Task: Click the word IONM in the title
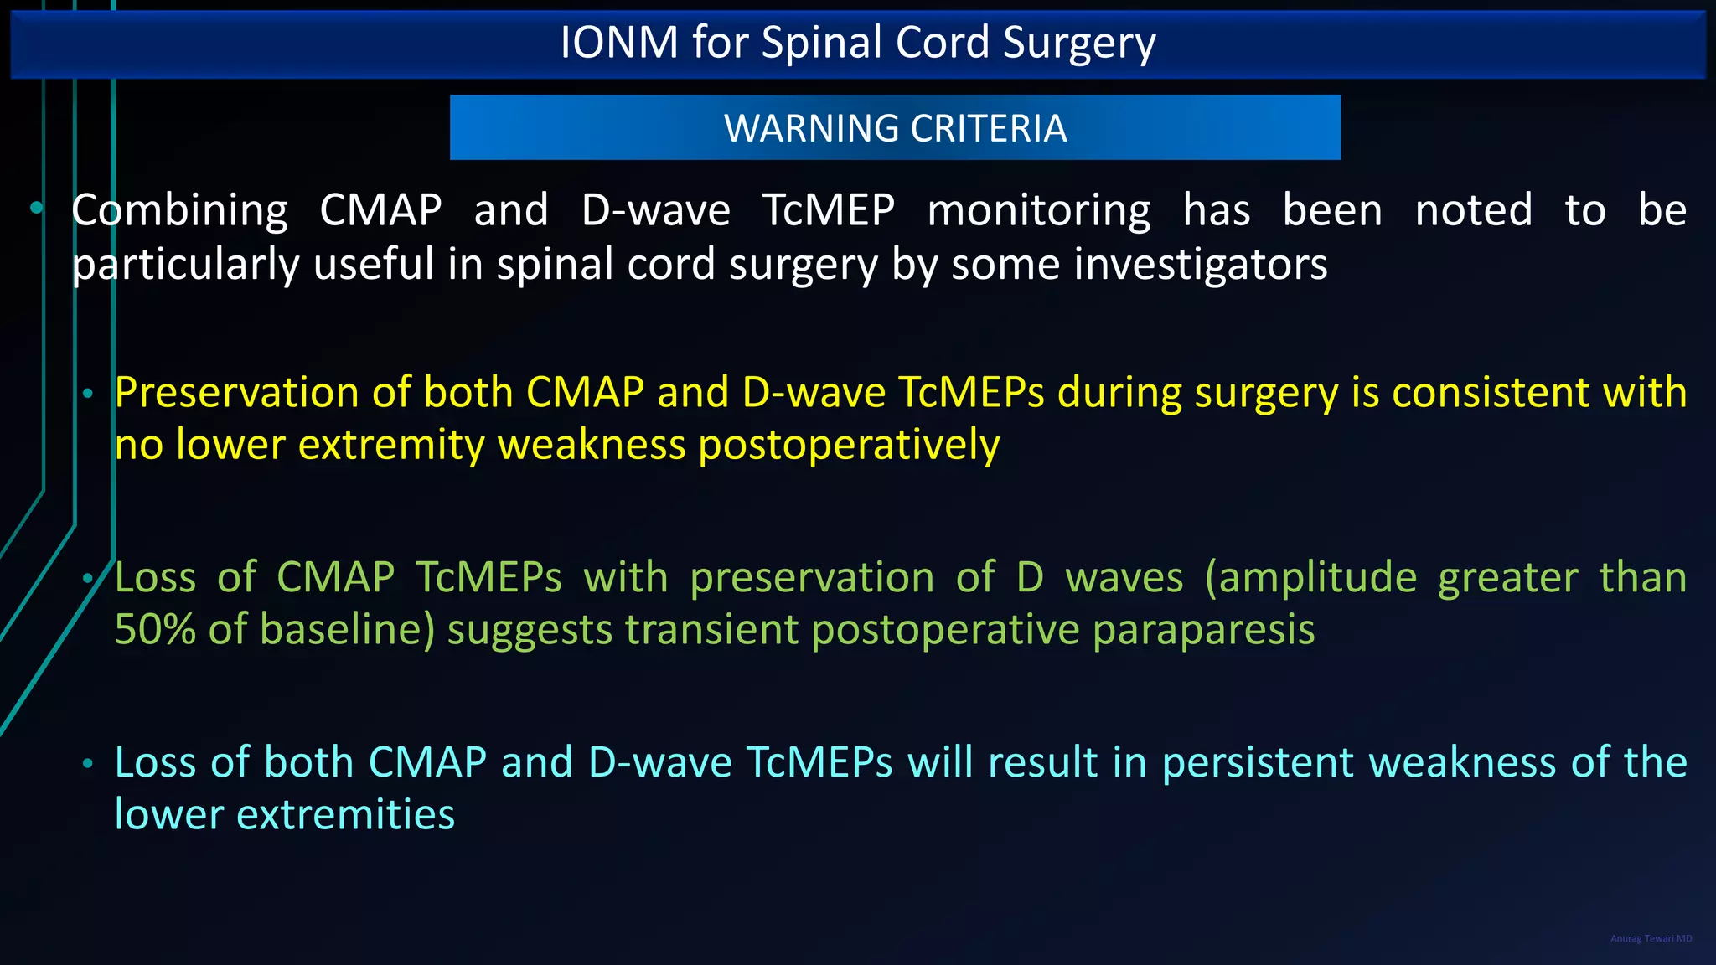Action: pos(618,42)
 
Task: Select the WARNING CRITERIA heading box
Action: pos(895,127)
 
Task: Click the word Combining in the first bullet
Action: pos(179,210)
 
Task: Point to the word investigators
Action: pos(1200,265)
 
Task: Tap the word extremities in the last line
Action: pos(345,814)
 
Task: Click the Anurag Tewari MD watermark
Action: pos(1651,938)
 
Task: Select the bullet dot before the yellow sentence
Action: pos(88,393)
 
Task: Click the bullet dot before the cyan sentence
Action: pos(88,763)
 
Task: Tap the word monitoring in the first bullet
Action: pos(1039,210)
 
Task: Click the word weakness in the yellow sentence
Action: pos(592,445)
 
